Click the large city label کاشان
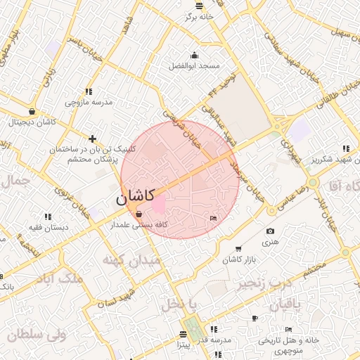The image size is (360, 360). (x=133, y=199)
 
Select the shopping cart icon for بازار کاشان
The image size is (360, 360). (x=239, y=249)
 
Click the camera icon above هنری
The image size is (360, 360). (x=271, y=231)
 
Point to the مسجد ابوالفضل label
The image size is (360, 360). (x=194, y=65)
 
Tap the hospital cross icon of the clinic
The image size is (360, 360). (x=92, y=139)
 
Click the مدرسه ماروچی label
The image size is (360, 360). (x=89, y=102)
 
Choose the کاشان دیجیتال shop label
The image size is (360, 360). (x=32, y=122)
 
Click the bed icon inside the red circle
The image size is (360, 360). (x=214, y=219)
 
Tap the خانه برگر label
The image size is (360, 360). (x=198, y=16)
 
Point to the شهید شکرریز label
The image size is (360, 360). (x=337, y=159)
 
